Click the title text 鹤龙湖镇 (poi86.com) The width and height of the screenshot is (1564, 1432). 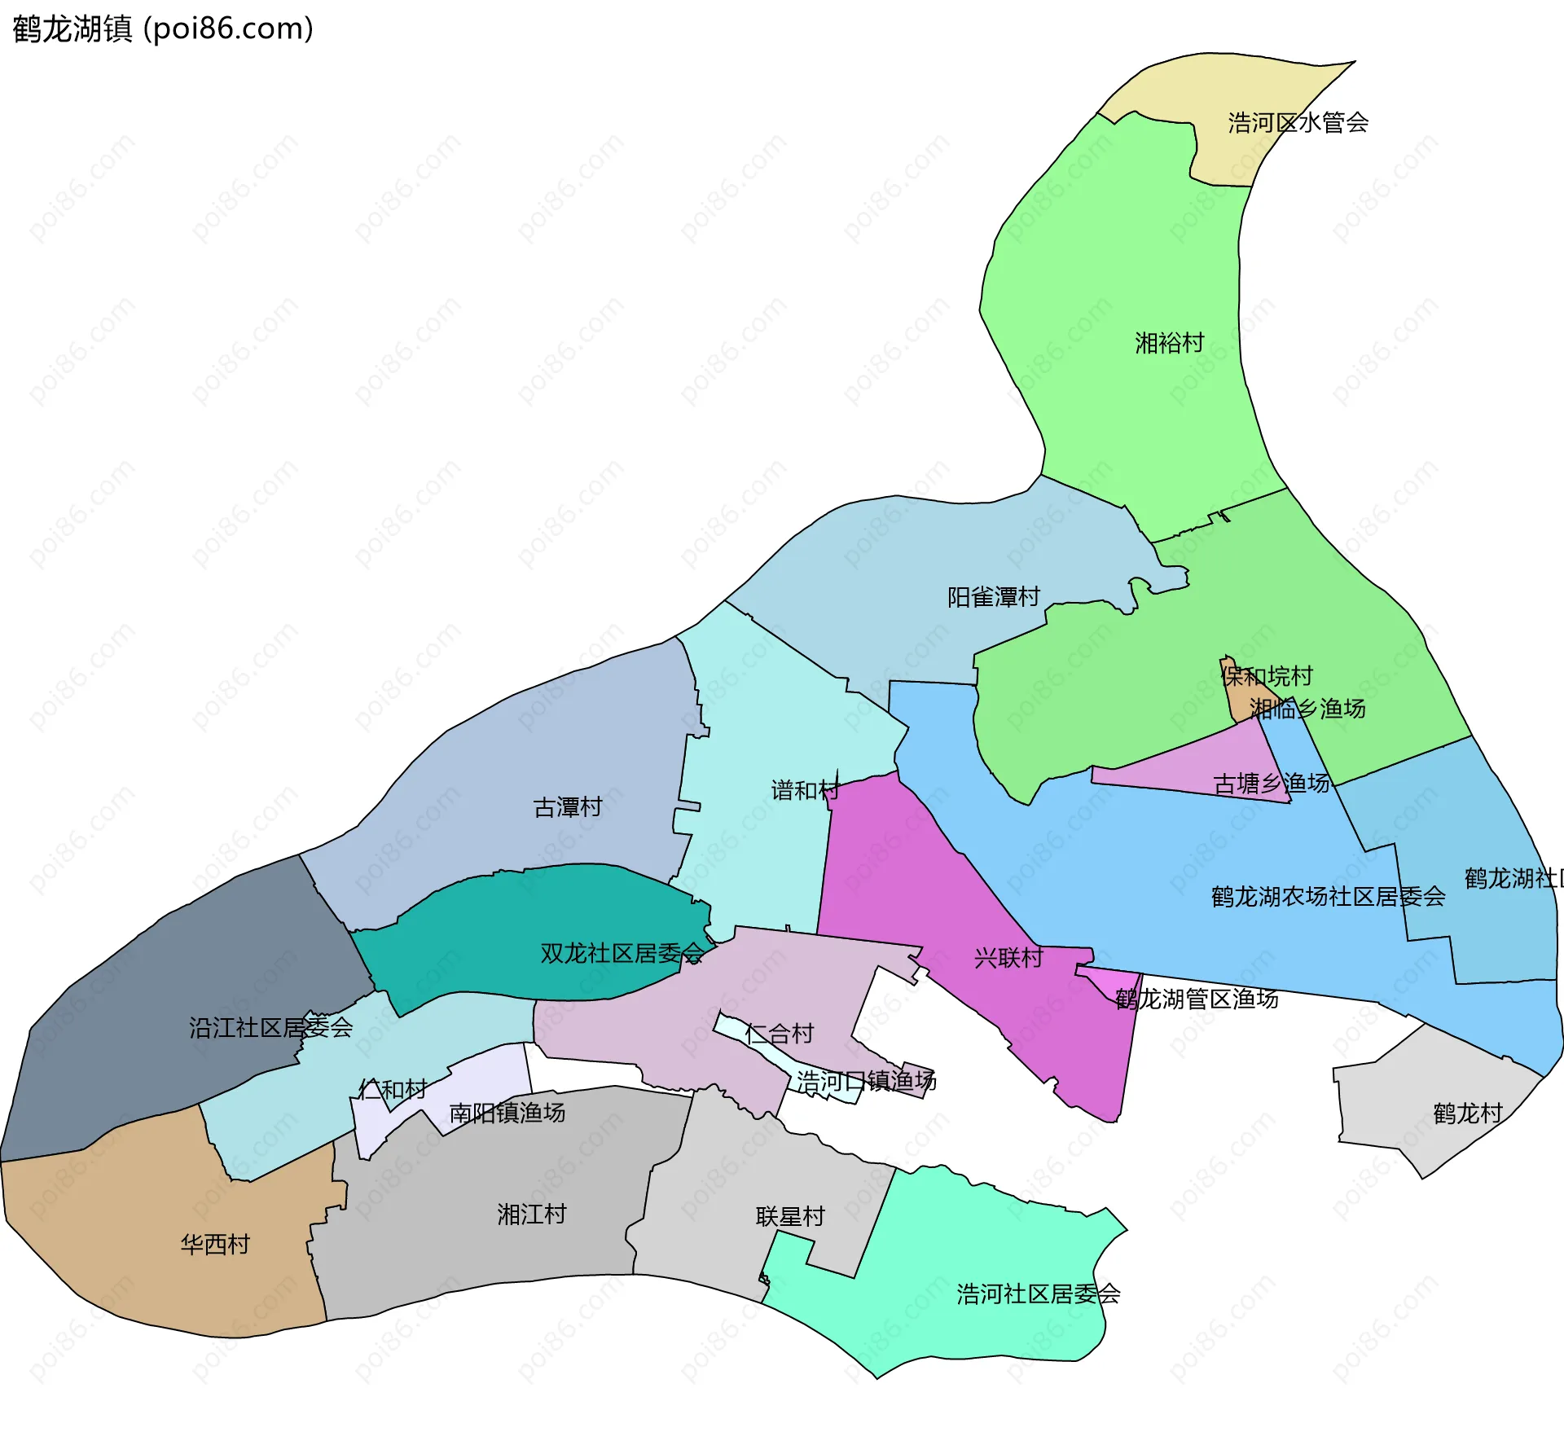tap(163, 29)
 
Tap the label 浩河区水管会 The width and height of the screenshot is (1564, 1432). tap(1298, 123)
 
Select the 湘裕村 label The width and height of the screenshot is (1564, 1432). tap(1170, 343)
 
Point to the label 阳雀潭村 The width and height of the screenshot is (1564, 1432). tap(994, 597)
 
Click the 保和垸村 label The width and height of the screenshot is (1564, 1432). tap(1267, 676)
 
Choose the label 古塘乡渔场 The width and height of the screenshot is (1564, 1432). tap(1272, 784)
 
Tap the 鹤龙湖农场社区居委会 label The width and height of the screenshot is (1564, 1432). tap(1328, 897)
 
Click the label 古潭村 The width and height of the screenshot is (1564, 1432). tap(568, 807)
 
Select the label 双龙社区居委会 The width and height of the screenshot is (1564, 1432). tap(622, 953)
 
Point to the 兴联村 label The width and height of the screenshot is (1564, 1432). tap(1008, 958)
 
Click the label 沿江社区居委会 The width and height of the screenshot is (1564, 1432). tap(271, 1028)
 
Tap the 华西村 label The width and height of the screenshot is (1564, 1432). tap(215, 1245)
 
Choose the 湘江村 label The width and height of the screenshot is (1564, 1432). tap(532, 1215)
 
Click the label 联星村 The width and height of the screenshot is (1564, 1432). tap(790, 1217)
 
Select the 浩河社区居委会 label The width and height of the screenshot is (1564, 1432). tap(1039, 1294)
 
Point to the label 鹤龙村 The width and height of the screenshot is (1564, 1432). tap(1468, 1114)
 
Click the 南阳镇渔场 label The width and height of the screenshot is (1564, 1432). tap(507, 1113)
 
